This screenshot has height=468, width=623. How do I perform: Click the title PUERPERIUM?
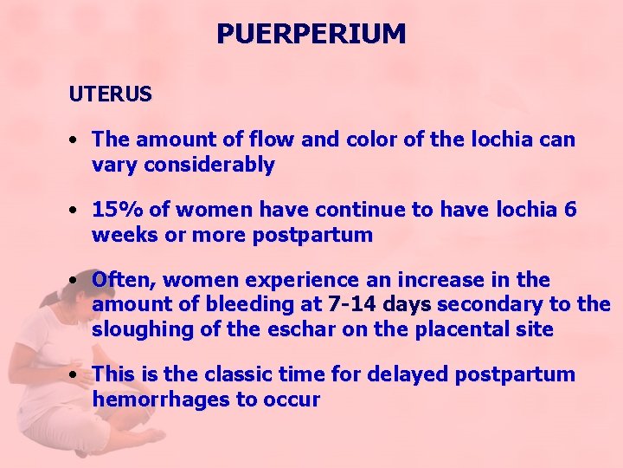[x=311, y=34]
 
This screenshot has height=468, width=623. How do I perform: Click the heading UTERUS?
[x=111, y=94]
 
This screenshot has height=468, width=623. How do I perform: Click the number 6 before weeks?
[x=570, y=210]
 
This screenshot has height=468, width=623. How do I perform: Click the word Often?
[x=124, y=280]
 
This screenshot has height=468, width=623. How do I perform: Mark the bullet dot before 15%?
[x=77, y=211]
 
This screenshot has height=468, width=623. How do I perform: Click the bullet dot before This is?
[x=77, y=375]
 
